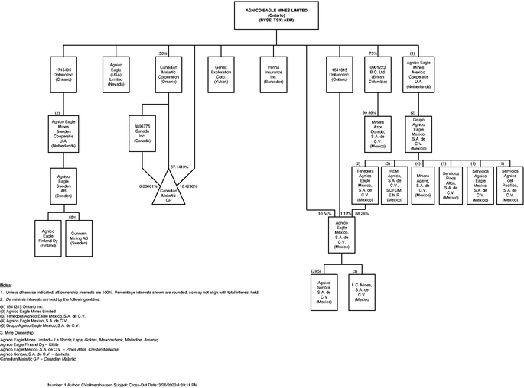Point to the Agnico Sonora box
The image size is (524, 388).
click(324, 291)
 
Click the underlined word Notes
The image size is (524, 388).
click(7, 284)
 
